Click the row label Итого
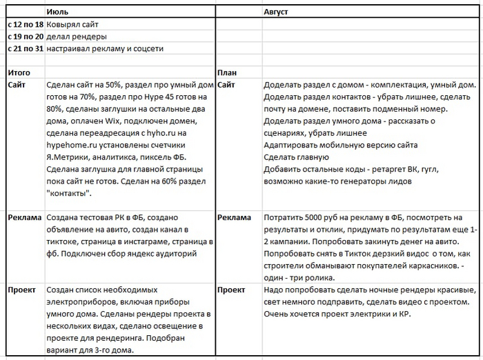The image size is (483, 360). pos(19,72)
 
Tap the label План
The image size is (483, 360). pos(228,72)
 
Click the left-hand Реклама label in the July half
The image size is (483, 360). pos(24,217)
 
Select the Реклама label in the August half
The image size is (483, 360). pos(235,217)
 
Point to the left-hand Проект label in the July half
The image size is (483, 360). pos(22,290)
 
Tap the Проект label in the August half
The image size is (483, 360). pos(233,290)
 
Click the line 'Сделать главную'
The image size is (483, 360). pos(297,157)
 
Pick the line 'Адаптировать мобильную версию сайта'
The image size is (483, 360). pos(340,145)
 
